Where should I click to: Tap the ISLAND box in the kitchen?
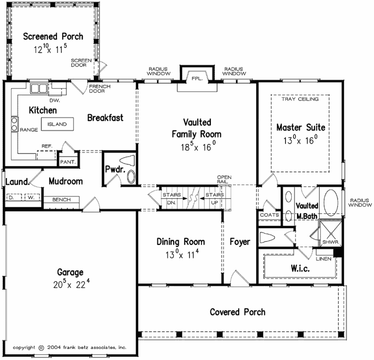pyautogui.click(x=57, y=124)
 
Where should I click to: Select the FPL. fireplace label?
pyautogui.click(x=196, y=78)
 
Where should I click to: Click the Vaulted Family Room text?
pyautogui.click(x=196, y=128)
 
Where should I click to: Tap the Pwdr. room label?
pyautogui.click(x=115, y=169)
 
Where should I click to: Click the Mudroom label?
pyautogui.click(x=65, y=181)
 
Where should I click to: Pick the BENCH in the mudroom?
pyautogui.click(x=62, y=200)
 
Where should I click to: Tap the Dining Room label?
pyautogui.click(x=181, y=242)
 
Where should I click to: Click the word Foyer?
pyautogui.click(x=239, y=242)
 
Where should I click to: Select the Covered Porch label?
pyautogui.click(x=237, y=312)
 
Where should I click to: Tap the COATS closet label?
pyautogui.click(x=269, y=215)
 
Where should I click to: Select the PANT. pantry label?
pyautogui.click(x=68, y=162)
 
